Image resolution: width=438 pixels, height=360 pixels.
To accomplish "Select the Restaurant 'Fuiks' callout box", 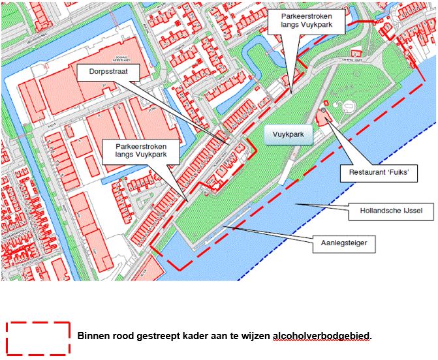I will click(379, 173).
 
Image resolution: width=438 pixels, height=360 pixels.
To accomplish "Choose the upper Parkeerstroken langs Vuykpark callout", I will click(305, 22).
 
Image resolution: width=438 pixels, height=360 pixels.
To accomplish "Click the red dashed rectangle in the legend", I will click(38, 338).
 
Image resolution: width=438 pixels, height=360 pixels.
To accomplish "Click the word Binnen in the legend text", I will click(94, 337).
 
